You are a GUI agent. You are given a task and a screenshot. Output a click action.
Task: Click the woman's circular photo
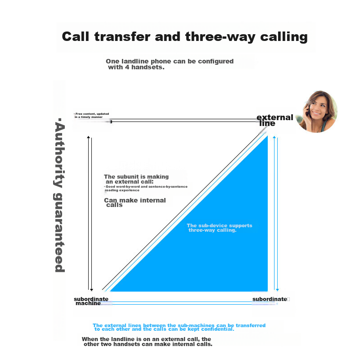[317, 112]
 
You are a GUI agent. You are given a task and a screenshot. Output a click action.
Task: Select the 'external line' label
[274, 120]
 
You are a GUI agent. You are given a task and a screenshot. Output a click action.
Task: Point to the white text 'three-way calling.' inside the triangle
[212, 230]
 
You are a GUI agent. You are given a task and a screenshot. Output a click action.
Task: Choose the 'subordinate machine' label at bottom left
[90, 301]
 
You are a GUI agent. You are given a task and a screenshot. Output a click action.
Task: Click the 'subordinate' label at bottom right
[269, 299]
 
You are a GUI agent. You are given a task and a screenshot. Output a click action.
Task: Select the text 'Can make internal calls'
[135, 202]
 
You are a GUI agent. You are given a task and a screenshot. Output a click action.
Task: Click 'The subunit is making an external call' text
[136, 179]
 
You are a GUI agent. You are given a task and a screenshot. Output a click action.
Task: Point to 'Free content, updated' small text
[92, 114]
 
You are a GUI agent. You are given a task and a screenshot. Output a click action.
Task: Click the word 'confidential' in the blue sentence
[216, 329]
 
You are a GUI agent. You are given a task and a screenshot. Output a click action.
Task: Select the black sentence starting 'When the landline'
[147, 342]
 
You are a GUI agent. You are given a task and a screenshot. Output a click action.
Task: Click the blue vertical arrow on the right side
[276, 211]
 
